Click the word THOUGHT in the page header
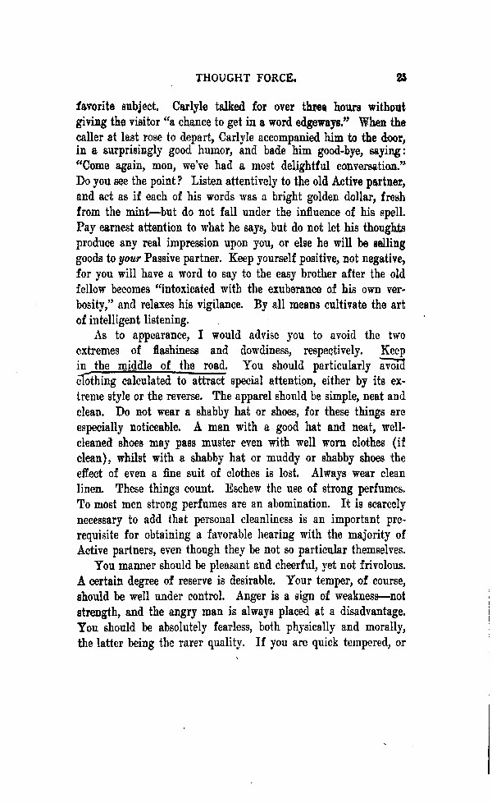pyautogui.click(x=225, y=78)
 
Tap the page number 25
pyautogui.click(x=400, y=78)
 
